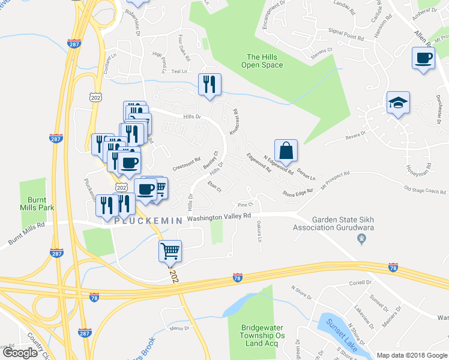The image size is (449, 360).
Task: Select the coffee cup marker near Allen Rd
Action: tap(423, 59)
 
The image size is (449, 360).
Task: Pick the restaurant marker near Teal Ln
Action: tap(209, 84)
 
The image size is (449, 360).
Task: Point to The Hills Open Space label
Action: tap(262, 61)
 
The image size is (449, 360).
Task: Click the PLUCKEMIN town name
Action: tap(148, 221)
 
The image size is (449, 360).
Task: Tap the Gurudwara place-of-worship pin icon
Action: tap(361, 239)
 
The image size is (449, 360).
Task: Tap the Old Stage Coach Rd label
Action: tap(424, 191)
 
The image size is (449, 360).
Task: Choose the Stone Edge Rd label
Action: tap(298, 193)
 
